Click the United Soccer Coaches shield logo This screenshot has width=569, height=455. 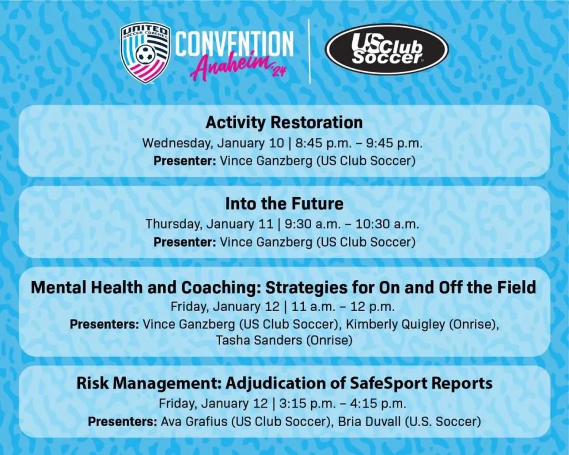click(145, 53)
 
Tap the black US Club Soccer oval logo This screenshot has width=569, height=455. click(387, 49)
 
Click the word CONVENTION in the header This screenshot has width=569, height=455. click(234, 43)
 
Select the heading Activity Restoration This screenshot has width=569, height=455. click(284, 122)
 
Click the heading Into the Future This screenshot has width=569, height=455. click(284, 203)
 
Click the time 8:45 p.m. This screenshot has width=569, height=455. click(324, 143)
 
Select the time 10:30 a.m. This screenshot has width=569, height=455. click(387, 224)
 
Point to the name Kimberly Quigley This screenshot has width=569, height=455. click(395, 324)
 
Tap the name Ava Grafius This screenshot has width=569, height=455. click(194, 422)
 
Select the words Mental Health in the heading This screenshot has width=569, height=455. click(87, 287)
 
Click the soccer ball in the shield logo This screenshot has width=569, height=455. click(146, 53)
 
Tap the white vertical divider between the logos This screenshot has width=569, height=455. click(310, 51)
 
